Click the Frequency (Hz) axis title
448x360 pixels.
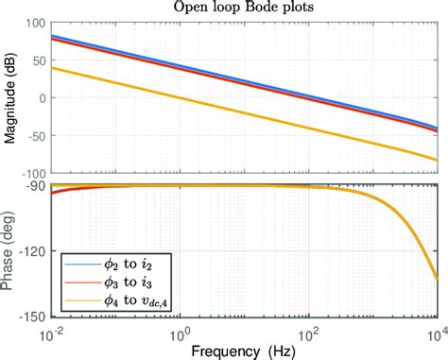245,350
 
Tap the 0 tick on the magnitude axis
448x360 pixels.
42,98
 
